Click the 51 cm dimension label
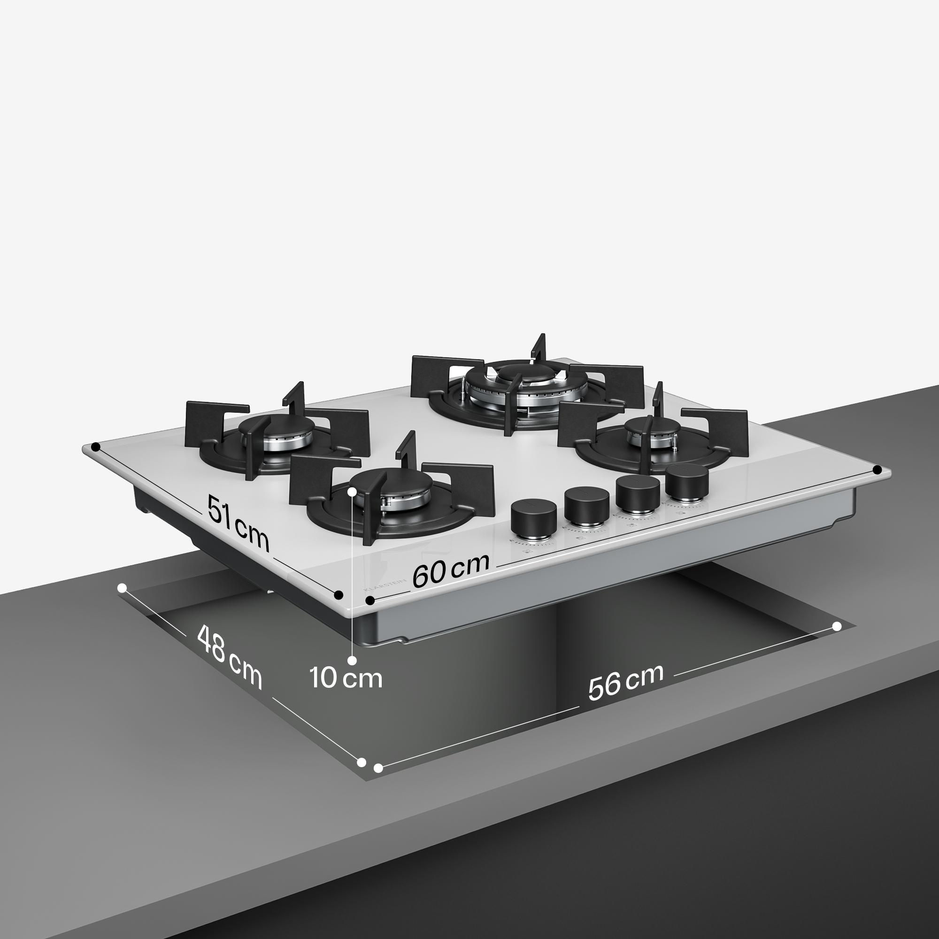tap(238, 523)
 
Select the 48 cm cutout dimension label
tap(230, 657)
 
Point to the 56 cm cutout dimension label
tap(625, 681)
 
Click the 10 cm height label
tap(346, 678)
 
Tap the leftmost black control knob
tap(534, 519)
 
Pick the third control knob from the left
tap(638, 495)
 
